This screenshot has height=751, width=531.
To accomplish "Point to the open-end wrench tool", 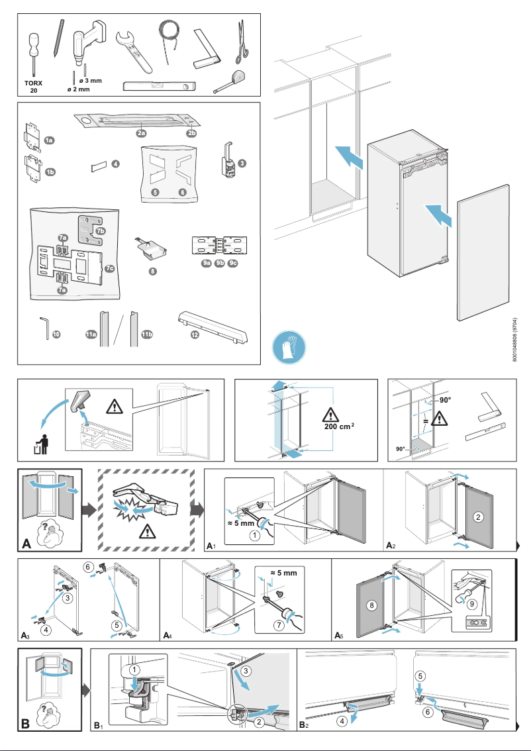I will [133, 49].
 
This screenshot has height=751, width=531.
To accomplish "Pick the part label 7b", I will [100, 231].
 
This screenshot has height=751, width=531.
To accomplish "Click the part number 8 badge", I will [152, 272].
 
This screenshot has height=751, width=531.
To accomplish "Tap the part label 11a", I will [91, 335].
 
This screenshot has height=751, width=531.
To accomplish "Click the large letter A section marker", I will [27, 544].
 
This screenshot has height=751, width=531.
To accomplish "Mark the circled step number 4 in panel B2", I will [342, 721].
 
